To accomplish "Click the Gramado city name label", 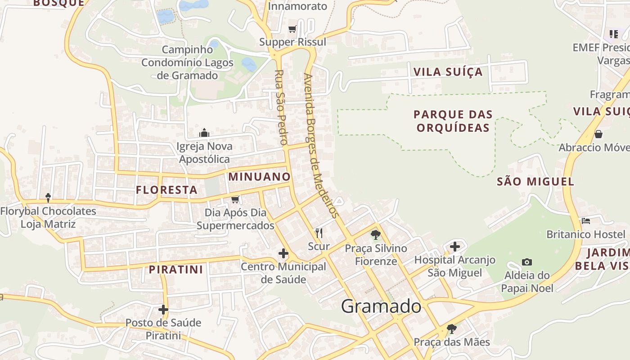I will (x=381, y=306).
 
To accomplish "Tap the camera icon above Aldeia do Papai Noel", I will (x=526, y=262).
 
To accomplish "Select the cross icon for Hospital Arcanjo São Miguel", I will (x=455, y=247).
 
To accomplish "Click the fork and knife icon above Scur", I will (x=319, y=233).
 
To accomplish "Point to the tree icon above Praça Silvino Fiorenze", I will (x=375, y=234).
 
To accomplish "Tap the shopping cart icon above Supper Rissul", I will (x=292, y=29).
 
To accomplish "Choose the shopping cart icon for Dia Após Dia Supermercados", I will (x=235, y=199).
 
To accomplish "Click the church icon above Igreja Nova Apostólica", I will (x=204, y=133).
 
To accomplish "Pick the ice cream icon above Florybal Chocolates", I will (x=48, y=198).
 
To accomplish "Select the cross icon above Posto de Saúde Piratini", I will (x=163, y=310).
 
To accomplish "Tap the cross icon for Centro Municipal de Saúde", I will (x=283, y=253).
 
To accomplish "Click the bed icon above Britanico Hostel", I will (x=585, y=221).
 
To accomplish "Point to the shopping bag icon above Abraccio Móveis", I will (x=598, y=134).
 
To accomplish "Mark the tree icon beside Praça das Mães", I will (x=451, y=329).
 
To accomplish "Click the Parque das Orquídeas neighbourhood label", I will (x=453, y=121).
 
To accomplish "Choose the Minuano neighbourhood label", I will (x=259, y=177).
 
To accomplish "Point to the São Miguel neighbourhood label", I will (x=535, y=182).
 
